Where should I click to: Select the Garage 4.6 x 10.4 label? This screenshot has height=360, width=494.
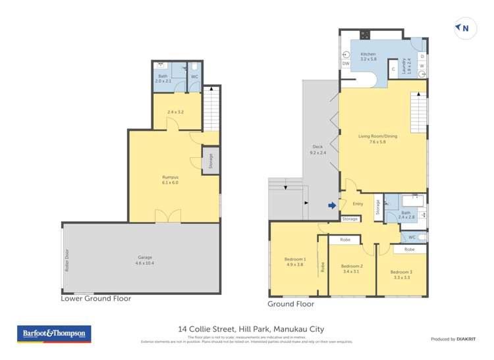click(142, 261)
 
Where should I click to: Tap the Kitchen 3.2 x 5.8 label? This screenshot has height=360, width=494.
click(368, 57)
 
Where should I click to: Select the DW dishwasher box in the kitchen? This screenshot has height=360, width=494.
click(346, 64)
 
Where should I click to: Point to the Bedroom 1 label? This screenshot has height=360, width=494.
click(293, 261)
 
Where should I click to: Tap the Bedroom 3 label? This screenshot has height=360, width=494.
click(401, 274)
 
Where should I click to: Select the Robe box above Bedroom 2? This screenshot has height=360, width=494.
click(345, 240)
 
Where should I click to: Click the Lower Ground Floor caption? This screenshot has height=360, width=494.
click(96, 298)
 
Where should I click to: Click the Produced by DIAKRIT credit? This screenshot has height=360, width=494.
click(453, 339)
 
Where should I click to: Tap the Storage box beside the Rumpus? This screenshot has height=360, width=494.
click(211, 161)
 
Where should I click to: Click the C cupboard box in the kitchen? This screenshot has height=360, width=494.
click(393, 69)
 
